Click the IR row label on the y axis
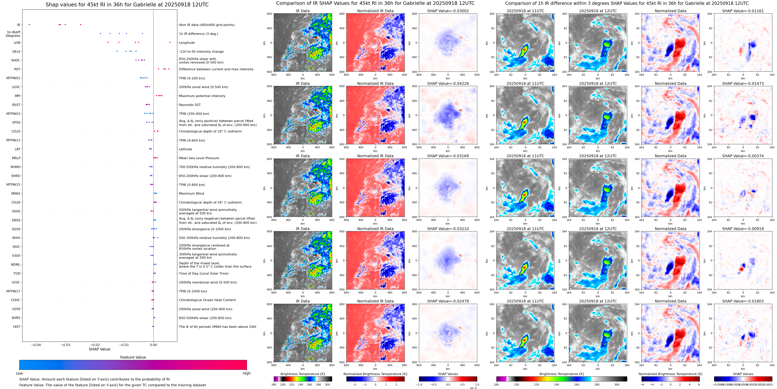pos(18,25)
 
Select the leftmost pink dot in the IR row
pos(29,24)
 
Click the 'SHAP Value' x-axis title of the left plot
pos(99,349)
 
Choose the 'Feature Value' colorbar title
pos(133,357)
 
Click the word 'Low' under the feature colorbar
pos(19,373)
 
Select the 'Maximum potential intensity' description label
pos(202,96)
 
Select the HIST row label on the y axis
pos(17,326)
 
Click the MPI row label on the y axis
pos(17,96)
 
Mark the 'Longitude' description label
pos(187,43)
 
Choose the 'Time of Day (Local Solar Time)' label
pos(204,273)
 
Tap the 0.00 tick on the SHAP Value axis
pos(153,345)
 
